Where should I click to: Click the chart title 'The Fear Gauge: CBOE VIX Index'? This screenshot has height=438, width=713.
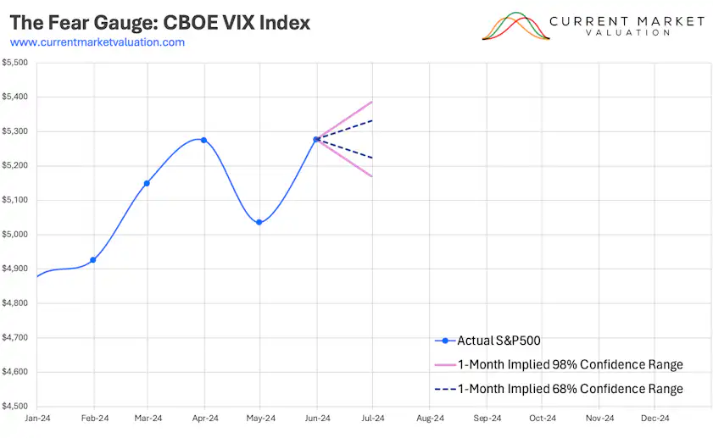pyautogui.click(x=159, y=22)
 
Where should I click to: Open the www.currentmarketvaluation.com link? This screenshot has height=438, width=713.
pyautogui.click(x=97, y=42)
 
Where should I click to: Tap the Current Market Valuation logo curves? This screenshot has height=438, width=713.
pyautogui.click(x=514, y=26)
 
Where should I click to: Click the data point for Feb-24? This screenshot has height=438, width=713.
pyautogui.click(x=93, y=260)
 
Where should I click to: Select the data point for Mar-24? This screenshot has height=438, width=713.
pyautogui.click(x=148, y=183)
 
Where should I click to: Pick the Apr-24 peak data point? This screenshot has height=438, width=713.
pyautogui.click(x=203, y=140)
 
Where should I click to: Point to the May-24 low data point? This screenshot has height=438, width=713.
pyautogui.click(x=259, y=223)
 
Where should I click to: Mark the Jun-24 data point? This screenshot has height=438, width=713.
pyautogui.click(x=316, y=139)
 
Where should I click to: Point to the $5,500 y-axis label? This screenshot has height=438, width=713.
pyautogui.click(x=15, y=63)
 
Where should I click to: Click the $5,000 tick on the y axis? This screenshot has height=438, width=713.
pyautogui.click(x=15, y=235)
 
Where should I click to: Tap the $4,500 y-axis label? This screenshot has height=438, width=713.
pyautogui.click(x=15, y=407)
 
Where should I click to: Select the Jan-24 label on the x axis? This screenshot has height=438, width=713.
pyautogui.click(x=37, y=419)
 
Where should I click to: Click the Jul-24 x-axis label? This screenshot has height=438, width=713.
pyautogui.click(x=374, y=419)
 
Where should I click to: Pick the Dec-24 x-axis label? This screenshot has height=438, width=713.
pyautogui.click(x=655, y=419)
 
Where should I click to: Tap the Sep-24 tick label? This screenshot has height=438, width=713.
pyautogui.click(x=487, y=419)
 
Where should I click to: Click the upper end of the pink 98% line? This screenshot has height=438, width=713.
pyautogui.click(x=372, y=102)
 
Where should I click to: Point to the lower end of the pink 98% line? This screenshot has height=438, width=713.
pyautogui.click(x=372, y=176)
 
